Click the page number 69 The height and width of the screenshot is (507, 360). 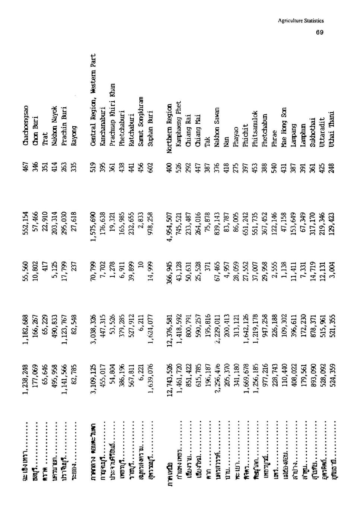319,32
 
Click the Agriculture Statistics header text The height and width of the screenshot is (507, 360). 301,21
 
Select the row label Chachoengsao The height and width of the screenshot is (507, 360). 26,121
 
